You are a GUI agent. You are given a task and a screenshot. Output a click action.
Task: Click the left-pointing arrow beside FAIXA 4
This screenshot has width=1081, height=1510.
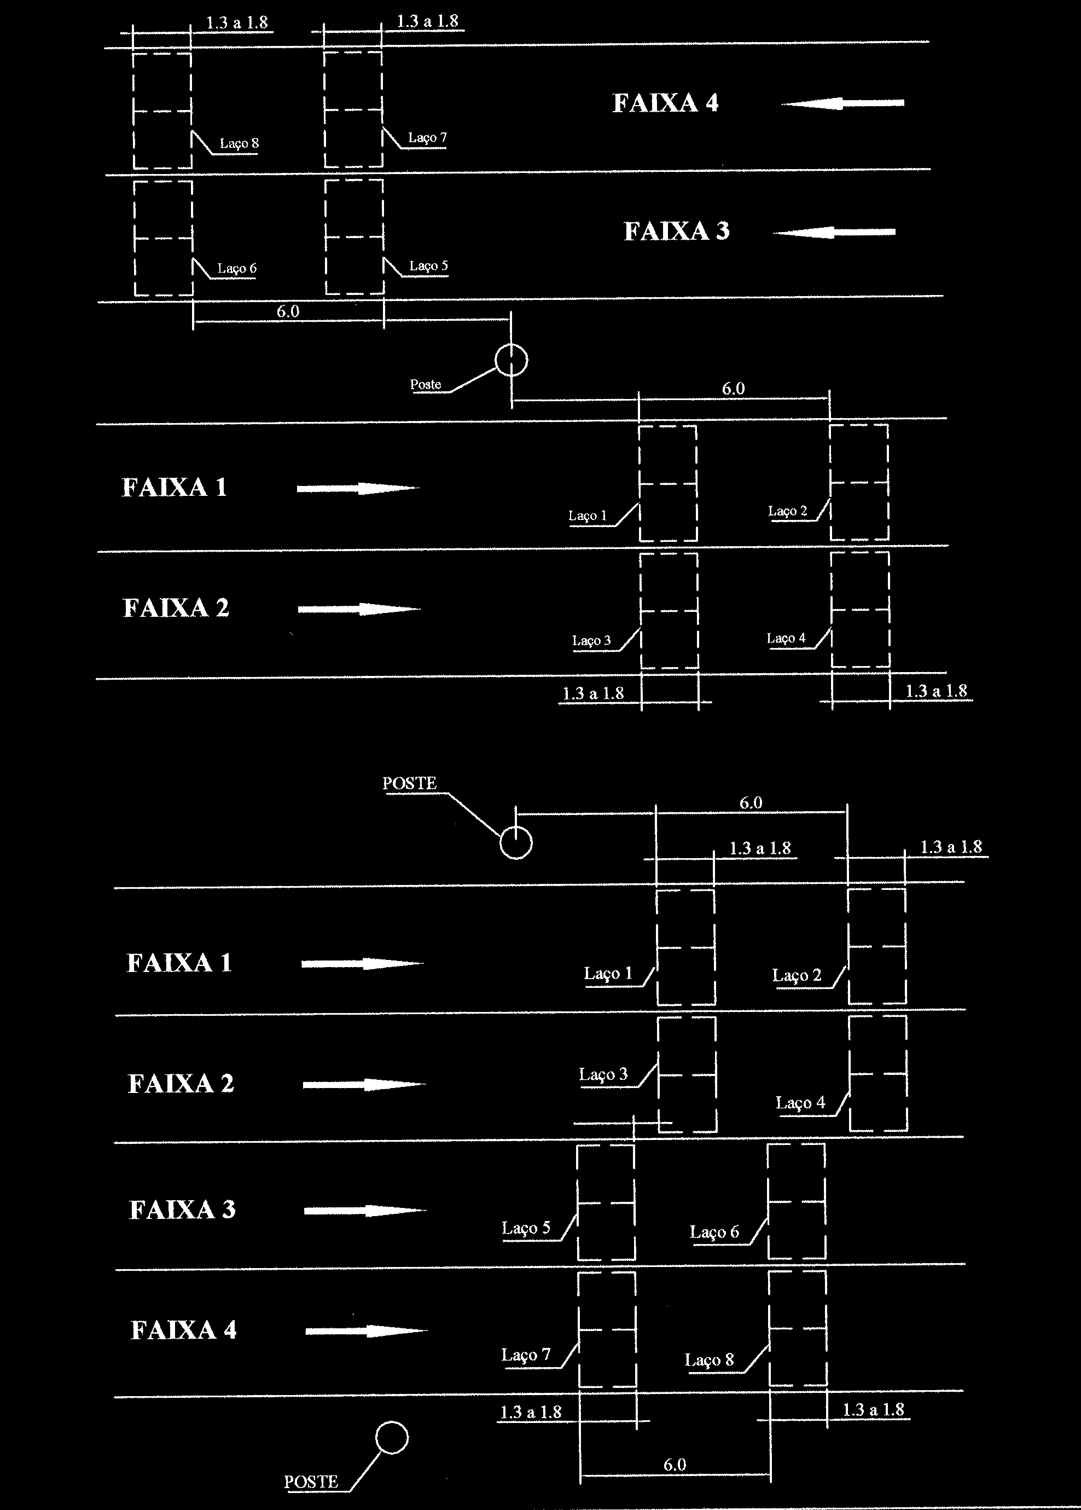[842, 103]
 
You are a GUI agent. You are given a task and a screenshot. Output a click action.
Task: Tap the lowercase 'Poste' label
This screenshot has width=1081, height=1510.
[426, 385]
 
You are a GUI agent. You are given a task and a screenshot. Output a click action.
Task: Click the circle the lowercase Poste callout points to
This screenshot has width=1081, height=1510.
[511, 361]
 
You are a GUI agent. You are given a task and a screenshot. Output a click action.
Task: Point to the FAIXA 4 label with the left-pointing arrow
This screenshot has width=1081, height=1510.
[665, 103]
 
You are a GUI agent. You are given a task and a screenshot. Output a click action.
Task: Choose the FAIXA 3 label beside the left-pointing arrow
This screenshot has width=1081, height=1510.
[676, 232]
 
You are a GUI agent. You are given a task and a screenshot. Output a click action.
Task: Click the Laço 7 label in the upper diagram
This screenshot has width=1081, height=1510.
[427, 138]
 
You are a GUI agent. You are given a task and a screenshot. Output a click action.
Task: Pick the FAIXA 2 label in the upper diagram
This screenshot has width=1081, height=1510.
[176, 608]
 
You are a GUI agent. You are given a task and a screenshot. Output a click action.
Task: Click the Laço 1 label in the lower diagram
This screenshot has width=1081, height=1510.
[608, 974]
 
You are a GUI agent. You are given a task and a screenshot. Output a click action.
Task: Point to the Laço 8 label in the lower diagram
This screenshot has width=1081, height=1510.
[709, 1360]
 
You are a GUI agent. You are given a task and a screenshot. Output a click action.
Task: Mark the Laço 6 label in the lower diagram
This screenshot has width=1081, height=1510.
[714, 1233]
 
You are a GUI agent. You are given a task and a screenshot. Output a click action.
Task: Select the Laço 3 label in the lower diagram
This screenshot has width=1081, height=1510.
[603, 1074]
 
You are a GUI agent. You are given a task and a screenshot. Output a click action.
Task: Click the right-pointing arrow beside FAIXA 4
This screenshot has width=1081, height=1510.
[367, 1332]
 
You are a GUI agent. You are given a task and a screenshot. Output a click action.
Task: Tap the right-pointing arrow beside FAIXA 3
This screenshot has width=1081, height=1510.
[365, 1211]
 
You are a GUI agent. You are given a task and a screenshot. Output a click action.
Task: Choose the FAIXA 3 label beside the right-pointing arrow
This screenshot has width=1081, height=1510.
[182, 1210]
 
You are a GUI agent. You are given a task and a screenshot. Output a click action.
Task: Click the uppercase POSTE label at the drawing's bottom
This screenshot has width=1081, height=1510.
[311, 1482]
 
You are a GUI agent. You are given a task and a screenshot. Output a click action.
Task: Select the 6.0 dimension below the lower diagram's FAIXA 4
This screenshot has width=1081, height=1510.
[675, 1465]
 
